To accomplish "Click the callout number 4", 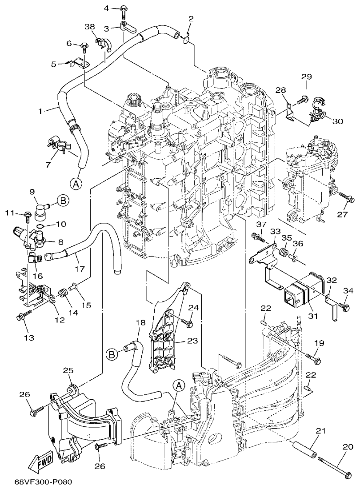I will pos(106,8).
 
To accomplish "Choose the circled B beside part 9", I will pos(63,201).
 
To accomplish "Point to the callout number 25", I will pos(68,370).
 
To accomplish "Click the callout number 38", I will pos(90,27).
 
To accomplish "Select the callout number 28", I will pos(280,90).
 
